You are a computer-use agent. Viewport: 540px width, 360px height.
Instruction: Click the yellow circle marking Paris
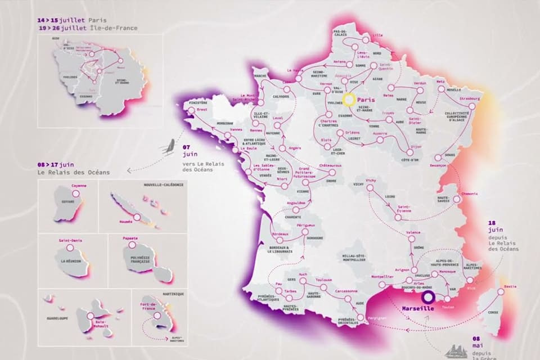pos(349,101)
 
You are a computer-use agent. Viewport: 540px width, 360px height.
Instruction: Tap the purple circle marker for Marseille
pos(429,298)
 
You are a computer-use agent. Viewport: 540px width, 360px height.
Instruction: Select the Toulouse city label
pos(324,280)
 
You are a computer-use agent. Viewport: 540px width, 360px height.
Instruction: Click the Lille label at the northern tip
pos(377,35)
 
